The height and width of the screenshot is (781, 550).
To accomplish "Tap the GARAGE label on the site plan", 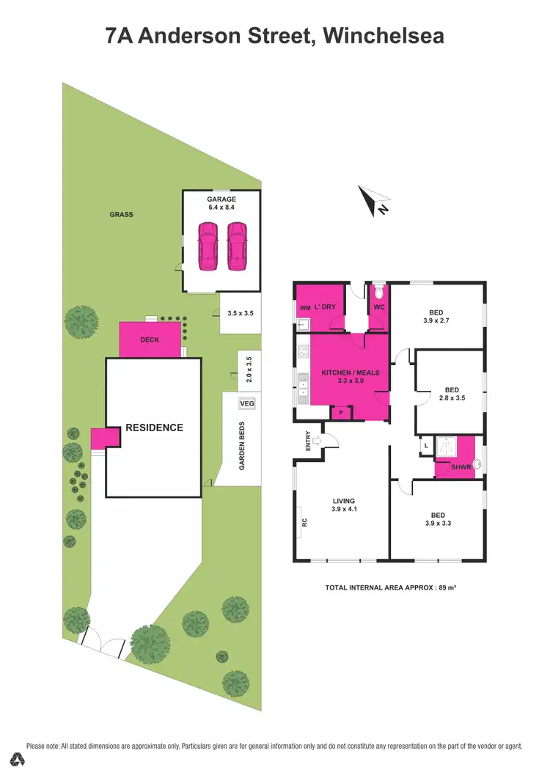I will pyautogui.click(x=221, y=198).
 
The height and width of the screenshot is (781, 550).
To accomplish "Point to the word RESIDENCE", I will pyautogui.click(x=153, y=428).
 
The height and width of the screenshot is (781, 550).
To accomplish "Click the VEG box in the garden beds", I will pyautogui.click(x=247, y=403).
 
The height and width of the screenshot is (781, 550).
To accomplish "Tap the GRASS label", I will pyautogui.click(x=121, y=215).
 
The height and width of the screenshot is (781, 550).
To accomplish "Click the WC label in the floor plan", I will pyautogui.click(x=379, y=307).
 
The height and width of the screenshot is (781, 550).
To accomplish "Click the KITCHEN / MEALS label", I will pyautogui.click(x=351, y=373).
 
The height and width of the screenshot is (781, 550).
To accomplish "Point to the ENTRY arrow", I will pyautogui.click(x=315, y=441).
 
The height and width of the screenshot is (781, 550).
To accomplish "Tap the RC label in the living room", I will pyautogui.click(x=304, y=524).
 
